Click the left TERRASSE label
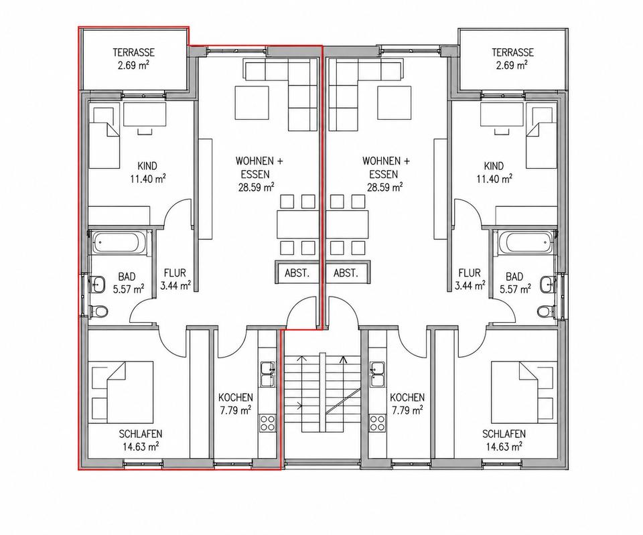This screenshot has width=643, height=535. pos(134,52)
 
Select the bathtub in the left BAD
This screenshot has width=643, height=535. pos(119,243)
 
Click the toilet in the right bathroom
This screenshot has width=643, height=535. pos(544,311)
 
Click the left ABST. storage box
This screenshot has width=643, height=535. pos(297,273)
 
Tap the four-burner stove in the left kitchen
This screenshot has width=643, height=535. pos(268,423)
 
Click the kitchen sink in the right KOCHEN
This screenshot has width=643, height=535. pos(376,374)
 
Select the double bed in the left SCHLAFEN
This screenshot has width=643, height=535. pos(129,392)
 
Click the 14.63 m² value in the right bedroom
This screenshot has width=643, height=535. pos(504,446)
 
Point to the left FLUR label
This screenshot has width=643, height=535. pos(175,273)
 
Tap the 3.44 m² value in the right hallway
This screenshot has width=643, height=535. pos(470,285)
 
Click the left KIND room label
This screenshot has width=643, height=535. pos(147,166)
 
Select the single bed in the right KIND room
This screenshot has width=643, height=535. pos(541,138)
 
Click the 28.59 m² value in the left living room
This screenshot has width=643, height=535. pos(257,187)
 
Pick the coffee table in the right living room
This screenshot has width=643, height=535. pos(394,102)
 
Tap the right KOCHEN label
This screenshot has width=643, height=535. pos(407,397)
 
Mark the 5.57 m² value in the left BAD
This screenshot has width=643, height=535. pos(129,289)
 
